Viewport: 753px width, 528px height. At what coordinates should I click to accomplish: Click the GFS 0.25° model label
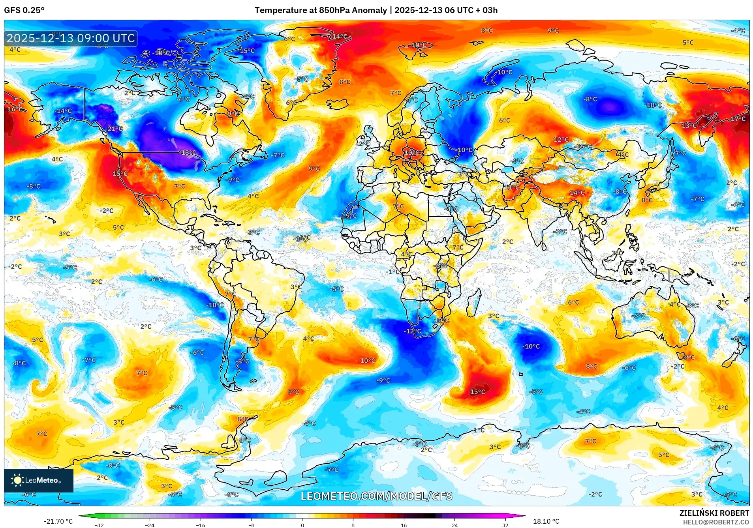[24, 10]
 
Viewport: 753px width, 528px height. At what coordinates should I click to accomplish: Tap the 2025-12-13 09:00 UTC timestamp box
[71, 38]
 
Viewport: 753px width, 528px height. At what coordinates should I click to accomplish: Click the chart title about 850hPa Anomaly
[376, 10]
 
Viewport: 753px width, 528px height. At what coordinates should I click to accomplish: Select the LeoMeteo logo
[39, 480]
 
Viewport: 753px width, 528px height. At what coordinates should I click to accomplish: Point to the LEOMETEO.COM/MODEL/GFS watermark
[376, 496]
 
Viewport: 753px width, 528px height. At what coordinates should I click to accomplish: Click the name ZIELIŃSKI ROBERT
[714, 513]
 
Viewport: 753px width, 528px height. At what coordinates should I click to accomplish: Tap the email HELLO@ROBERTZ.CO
[716, 522]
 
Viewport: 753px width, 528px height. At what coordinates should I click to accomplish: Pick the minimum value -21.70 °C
[58, 521]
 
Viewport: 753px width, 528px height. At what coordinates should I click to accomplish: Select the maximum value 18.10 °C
[546, 521]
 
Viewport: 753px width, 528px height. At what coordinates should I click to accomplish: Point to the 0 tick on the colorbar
[302, 525]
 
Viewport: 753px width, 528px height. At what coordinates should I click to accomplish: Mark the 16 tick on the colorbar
[404, 525]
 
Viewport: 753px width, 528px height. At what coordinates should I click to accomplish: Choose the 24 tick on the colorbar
[454, 525]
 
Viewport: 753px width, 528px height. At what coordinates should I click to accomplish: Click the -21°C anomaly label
[115, 129]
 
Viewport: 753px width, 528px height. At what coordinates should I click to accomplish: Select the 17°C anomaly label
[738, 119]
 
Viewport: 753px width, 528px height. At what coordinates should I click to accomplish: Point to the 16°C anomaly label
[15, 109]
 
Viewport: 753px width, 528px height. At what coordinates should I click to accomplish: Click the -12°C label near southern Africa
[412, 331]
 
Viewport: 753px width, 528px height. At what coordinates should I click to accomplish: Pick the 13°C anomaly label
[689, 125]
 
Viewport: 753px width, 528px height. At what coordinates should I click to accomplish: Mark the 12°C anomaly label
[561, 140]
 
